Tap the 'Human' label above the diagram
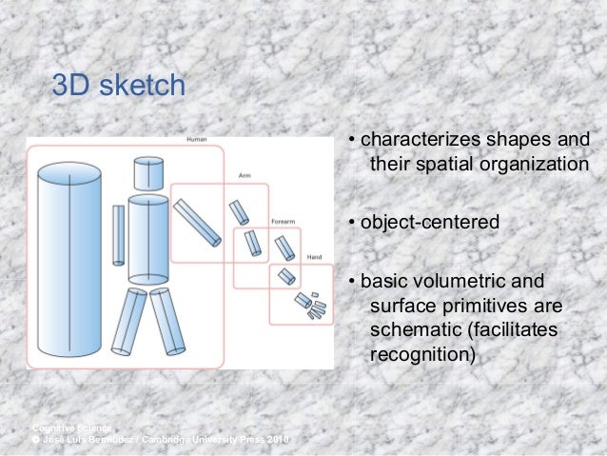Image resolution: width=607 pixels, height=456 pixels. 196,139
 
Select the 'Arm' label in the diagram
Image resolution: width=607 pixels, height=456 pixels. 245,176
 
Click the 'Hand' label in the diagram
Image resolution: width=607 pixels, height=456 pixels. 314,256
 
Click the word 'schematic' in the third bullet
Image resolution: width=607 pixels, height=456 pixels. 410,331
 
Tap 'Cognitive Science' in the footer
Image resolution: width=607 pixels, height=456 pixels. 71,426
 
